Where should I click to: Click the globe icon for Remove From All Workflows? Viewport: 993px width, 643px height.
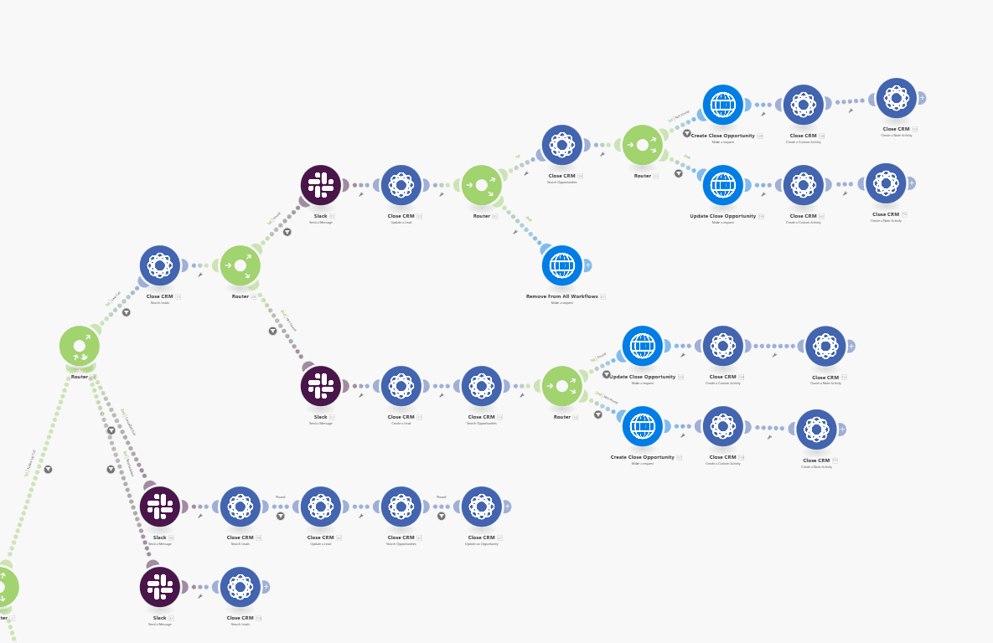tap(561, 265)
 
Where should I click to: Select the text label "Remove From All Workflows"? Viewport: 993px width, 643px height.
tap(561, 296)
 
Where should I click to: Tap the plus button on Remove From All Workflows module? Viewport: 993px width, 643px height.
tap(587, 265)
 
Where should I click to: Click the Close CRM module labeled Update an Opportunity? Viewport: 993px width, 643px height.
tap(481, 507)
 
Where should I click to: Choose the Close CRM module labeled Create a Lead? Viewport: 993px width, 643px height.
tap(401, 386)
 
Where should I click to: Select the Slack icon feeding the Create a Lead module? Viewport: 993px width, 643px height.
tap(320, 386)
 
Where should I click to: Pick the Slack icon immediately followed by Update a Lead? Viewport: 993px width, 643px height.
tap(320, 185)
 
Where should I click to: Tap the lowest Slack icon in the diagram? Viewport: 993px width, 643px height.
tap(159, 587)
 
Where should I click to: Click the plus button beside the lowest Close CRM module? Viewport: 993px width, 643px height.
tap(266, 587)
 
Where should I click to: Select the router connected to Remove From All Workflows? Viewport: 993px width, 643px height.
tap(481, 185)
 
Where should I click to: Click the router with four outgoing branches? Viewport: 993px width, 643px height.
tap(79, 346)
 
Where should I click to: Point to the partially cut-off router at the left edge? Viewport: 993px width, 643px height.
tap(4, 587)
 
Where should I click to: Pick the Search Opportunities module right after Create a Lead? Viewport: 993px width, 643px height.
tap(481, 386)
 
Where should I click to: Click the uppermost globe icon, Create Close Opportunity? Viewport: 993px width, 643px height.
tap(722, 105)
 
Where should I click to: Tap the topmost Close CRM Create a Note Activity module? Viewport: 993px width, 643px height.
tap(896, 98)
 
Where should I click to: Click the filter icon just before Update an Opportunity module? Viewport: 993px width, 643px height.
tap(442, 516)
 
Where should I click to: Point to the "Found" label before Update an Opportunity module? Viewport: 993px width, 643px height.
tap(441, 497)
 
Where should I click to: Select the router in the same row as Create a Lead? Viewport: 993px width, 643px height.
tap(561, 386)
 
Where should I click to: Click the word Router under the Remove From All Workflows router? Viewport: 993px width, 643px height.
tap(481, 216)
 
